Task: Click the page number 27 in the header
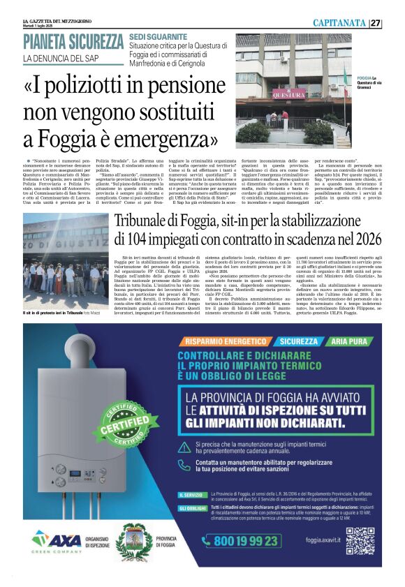point(395,23)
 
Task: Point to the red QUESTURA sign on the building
point(288,95)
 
